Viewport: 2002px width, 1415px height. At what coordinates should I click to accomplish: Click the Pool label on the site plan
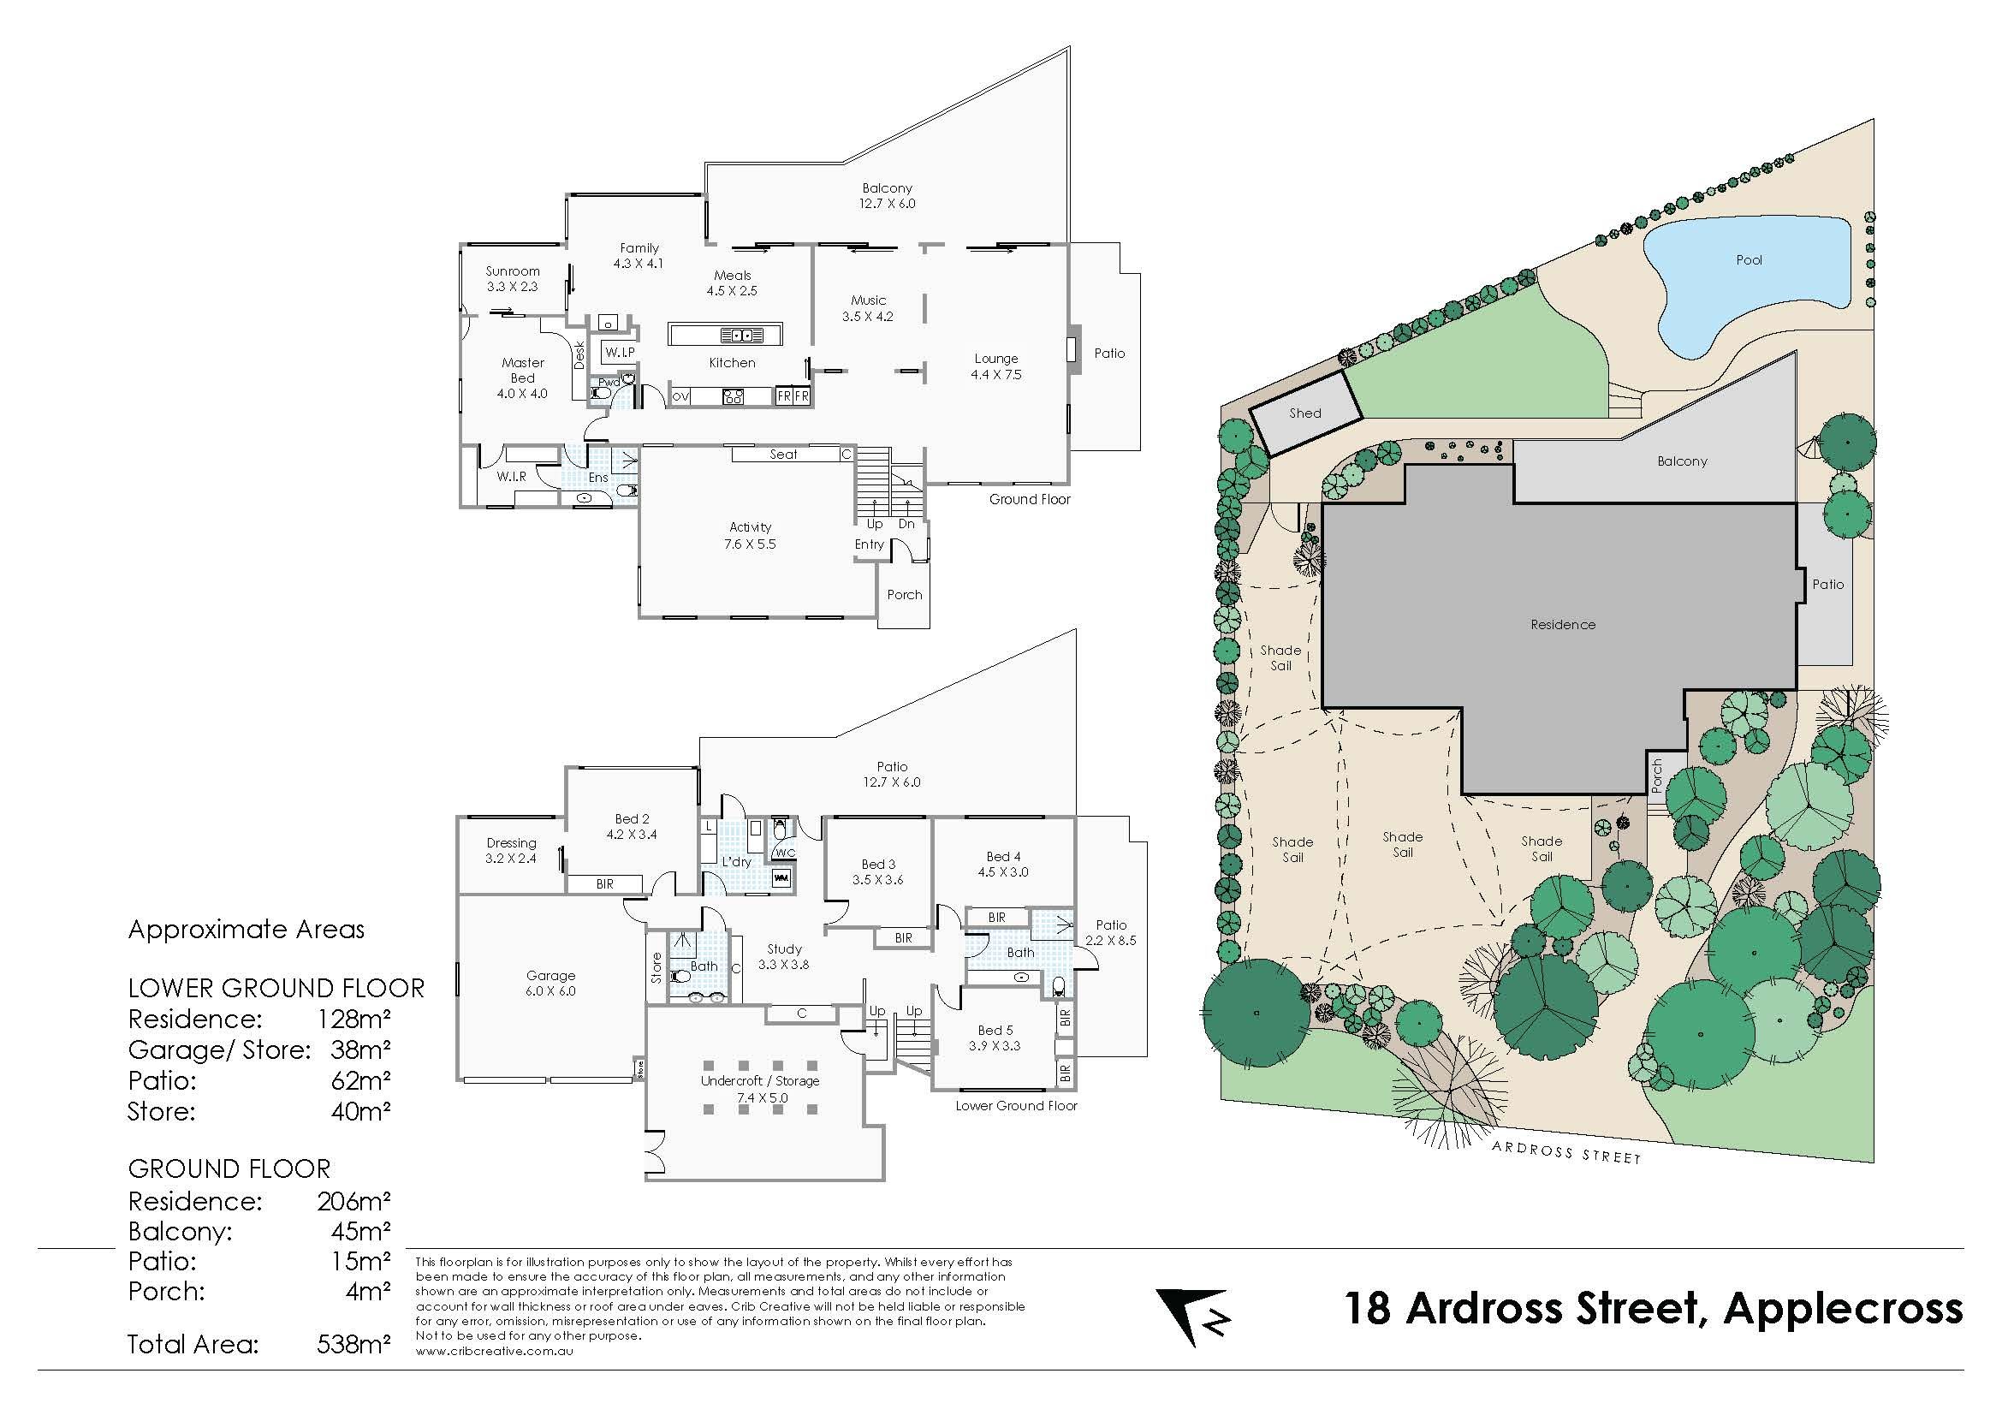(1749, 260)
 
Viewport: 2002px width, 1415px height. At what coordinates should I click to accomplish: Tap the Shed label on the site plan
(1305, 413)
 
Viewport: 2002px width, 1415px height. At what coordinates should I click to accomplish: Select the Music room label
(869, 309)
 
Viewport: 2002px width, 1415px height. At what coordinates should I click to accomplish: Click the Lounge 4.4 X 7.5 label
(995, 366)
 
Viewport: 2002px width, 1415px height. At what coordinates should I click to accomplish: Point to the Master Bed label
(522, 378)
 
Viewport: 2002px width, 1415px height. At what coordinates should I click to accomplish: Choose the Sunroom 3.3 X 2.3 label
(513, 279)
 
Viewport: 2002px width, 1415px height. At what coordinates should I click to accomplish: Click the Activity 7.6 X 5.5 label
(750, 535)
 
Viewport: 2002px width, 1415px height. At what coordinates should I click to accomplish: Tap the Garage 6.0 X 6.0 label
(550, 983)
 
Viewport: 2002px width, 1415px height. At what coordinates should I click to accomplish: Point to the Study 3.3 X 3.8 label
(784, 956)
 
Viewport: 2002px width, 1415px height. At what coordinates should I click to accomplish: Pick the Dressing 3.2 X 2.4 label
(511, 850)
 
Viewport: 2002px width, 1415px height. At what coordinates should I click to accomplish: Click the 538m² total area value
(353, 1345)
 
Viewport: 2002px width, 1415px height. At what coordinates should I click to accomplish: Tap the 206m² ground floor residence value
(353, 1201)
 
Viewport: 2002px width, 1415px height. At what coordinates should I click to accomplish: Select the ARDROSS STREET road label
(1566, 1151)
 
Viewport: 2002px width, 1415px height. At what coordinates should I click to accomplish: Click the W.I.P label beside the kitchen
(620, 352)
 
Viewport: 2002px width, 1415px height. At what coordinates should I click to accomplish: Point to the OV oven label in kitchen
(680, 396)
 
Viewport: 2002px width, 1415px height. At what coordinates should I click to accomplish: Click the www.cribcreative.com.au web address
(495, 1352)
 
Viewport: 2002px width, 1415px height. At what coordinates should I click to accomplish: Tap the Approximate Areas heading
(246, 930)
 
